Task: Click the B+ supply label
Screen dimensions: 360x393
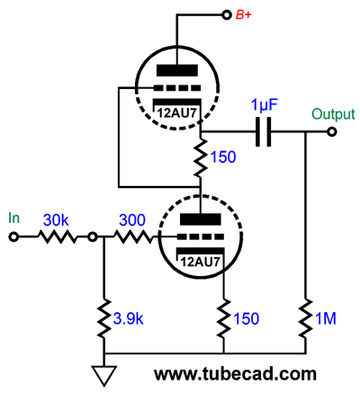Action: [x=243, y=15]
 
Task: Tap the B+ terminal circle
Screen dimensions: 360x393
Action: [x=227, y=14]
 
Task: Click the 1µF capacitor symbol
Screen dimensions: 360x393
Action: [x=264, y=131]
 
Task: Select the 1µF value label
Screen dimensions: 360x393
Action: [x=265, y=105]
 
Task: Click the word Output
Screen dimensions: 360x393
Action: [x=333, y=114]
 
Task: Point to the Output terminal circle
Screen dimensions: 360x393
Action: [x=331, y=132]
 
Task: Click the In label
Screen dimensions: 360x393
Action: [x=13, y=218]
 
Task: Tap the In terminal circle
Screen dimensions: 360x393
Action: [x=13, y=237]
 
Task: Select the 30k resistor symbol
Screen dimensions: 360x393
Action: [x=57, y=237]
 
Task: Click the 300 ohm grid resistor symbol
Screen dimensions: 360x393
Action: [x=133, y=237]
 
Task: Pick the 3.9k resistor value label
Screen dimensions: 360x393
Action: [x=129, y=319]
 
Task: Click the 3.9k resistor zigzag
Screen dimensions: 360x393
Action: [x=104, y=317]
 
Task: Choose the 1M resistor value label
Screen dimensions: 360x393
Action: [x=326, y=318]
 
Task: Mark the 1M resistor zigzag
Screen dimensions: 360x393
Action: [x=306, y=317]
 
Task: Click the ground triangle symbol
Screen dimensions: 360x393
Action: [x=104, y=376]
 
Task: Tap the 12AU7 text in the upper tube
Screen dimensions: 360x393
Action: [x=177, y=113]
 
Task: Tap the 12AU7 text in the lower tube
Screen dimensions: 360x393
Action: [x=200, y=263]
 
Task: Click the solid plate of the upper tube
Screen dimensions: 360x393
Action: [x=177, y=70]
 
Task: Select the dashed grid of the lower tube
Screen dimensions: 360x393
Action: [x=201, y=237]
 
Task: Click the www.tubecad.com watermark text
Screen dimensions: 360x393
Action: [x=236, y=374]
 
